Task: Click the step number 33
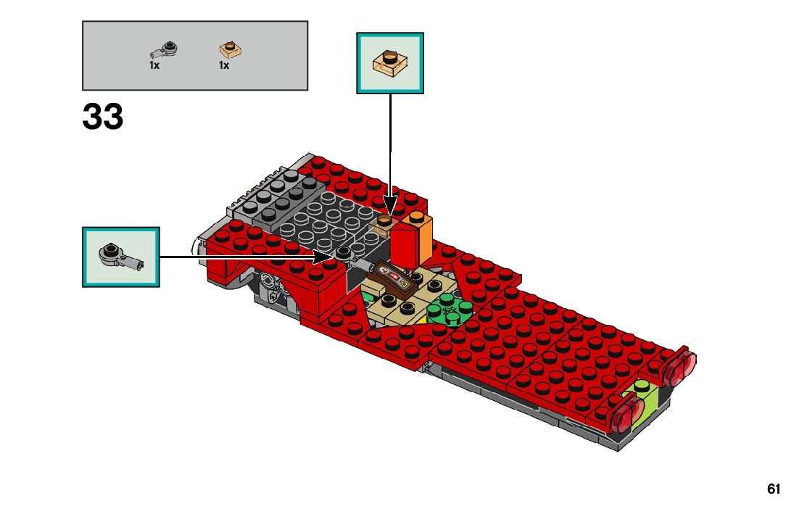[103, 117]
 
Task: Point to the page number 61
[774, 489]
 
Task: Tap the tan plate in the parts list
[231, 50]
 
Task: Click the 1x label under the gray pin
[154, 65]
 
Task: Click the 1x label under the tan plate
[224, 65]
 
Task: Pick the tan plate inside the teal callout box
[389, 63]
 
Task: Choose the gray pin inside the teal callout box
[120, 257]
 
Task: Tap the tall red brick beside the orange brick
[405, 244]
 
